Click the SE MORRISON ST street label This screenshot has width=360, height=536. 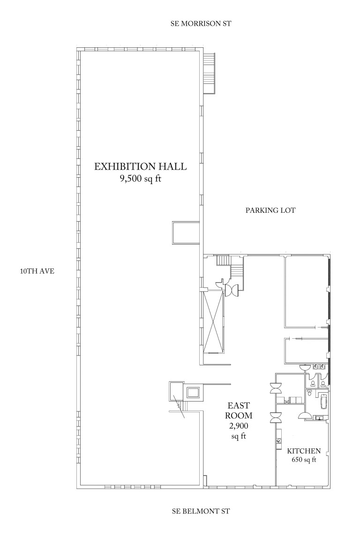tap(201, 23)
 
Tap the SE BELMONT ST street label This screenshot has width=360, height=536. tap(201, 511)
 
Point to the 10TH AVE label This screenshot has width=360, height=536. tap(37, 271)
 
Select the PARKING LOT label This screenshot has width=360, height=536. tap(270, 210)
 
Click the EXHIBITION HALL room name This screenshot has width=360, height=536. tap(141, 166)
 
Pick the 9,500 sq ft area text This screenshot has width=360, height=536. tap(140, 179)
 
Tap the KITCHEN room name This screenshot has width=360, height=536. tap(304, 451)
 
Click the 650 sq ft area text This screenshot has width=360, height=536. tap(304, 460)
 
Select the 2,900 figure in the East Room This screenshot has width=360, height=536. tap(239, 426)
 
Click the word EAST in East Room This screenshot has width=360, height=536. tap(239, 405)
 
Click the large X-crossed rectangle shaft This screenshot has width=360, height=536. tap(213, 322)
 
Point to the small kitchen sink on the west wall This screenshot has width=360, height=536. tap(278, 441)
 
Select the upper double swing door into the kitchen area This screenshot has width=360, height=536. tap(276, 388)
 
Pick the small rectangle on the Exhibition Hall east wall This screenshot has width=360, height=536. tap(186, 233)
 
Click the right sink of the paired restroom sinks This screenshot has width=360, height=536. tap(322, 367)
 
